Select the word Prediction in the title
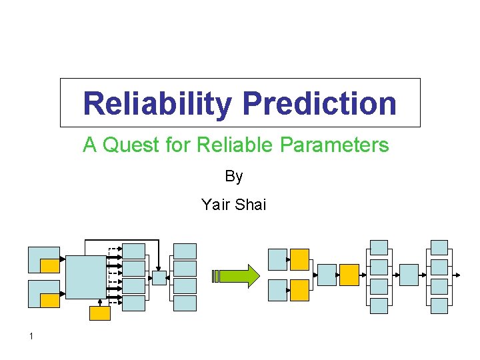[x=319, y=103]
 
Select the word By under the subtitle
[x=234, y=177]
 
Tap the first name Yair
[x=215, y=205]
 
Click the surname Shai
[x=251, y=205]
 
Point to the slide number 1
[x=31, y=336]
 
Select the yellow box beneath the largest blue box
[x=100, y=313]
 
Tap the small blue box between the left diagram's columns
[x=159, y=278]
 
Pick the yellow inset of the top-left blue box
[x=50, y=266]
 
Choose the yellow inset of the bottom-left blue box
[x=50, y=301]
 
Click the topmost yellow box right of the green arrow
[x=299, y=259]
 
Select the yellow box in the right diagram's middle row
[x=349, y=275]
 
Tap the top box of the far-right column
[x=439, y=247]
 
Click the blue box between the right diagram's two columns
[x=409, y=275]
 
